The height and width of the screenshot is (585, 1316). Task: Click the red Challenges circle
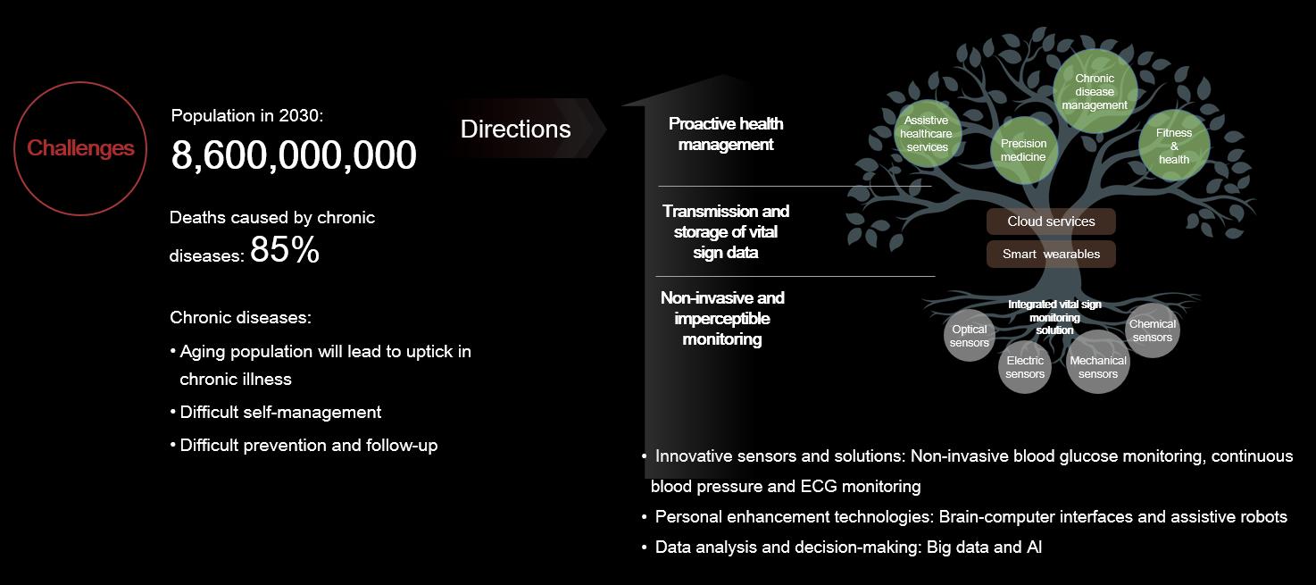80,82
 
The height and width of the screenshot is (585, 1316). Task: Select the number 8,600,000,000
294,155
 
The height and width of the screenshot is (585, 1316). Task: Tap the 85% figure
285,249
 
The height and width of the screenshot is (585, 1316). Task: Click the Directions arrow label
515,129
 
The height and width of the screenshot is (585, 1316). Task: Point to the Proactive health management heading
726,134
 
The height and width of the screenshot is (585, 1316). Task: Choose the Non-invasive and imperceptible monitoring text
722,319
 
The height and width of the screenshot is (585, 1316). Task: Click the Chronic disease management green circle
1095,92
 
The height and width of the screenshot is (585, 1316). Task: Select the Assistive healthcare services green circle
927,133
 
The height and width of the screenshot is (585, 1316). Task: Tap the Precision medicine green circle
1023,150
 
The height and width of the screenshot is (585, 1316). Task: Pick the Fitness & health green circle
1174,146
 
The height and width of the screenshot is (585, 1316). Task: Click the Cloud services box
1051,221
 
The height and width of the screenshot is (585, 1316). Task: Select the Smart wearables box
1051,254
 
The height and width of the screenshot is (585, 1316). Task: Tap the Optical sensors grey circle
970,336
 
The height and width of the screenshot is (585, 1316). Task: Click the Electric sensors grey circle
1025,367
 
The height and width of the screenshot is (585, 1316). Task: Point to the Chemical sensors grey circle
1152,330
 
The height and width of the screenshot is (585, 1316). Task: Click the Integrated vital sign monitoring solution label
1054,317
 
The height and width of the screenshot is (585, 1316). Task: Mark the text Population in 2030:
246,115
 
